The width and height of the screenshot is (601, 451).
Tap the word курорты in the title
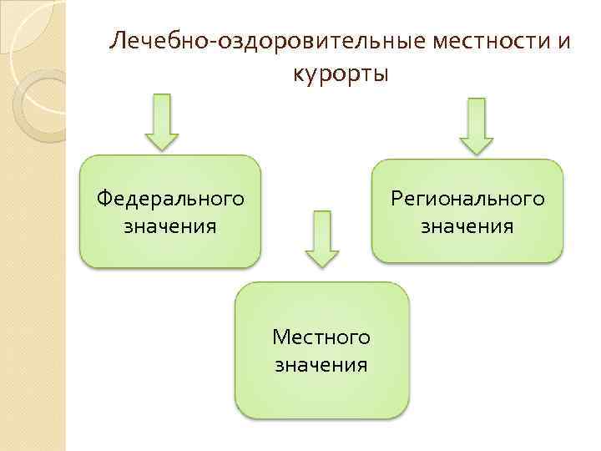(x=341, y=74)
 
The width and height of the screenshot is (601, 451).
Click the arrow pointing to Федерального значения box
(x=162, y=121)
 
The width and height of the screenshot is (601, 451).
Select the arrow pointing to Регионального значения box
(x=477, y=125)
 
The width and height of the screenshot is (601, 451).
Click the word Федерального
(x=170, y=199)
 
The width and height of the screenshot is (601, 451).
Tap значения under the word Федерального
(x=170, y=225)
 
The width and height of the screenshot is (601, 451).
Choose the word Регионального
(x=468, y=199)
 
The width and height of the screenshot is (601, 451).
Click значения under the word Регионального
(x=467, y=225)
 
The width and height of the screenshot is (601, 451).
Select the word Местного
(x=321, y=337)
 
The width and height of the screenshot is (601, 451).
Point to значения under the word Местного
(x=321, y=364)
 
